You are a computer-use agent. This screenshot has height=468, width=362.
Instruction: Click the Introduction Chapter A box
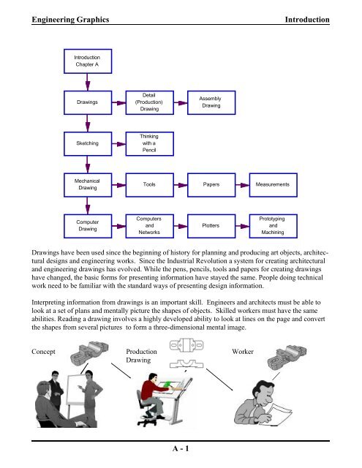tap(88, 61)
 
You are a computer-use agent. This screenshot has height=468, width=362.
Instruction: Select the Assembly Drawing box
tap(211, 102)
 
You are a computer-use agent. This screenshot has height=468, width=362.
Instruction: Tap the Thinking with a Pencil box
tap(149, 143)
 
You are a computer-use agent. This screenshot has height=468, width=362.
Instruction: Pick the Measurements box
tap(273, 185)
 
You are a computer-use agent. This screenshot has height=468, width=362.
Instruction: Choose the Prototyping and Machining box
tap(273, 226)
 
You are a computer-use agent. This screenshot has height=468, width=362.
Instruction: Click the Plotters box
tap(211, 226)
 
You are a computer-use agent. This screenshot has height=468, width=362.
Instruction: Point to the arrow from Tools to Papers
tap(181, 185)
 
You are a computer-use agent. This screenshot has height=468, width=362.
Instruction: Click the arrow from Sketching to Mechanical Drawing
tap(88, 165)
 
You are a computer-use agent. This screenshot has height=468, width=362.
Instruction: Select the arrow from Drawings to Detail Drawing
tap(118, 103)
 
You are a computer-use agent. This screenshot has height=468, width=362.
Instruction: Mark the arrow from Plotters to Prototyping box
tap(242, 226)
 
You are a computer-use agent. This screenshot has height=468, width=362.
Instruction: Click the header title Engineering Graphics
tap(70, 20)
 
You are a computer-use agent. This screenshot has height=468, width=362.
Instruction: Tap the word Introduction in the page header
tap(307, 20)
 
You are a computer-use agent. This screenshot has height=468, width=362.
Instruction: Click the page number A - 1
tap(181, 448)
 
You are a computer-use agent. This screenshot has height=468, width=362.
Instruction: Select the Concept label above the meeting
tap(43, 352)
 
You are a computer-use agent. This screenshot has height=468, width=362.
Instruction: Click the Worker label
tap(243, 352)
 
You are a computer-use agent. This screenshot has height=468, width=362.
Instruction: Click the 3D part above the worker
tap(287, 358)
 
